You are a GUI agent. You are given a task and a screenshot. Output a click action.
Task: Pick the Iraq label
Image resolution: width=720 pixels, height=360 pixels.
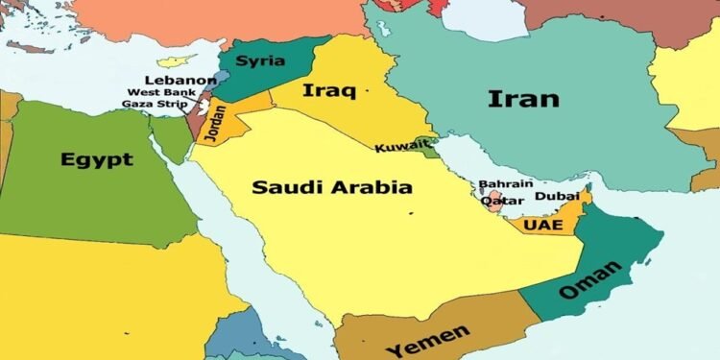click(x=328, y=92)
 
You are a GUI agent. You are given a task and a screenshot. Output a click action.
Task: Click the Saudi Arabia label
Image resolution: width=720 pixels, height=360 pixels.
click(x=332, y=186)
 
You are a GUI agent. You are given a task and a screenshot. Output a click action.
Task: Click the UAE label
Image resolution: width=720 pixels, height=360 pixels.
click(x=543, y=225)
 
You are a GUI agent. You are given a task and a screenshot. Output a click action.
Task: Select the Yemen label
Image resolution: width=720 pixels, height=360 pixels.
click(x=428, y=339)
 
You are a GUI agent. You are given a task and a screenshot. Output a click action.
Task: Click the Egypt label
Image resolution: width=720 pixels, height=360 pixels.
click(x=96, y=159)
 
